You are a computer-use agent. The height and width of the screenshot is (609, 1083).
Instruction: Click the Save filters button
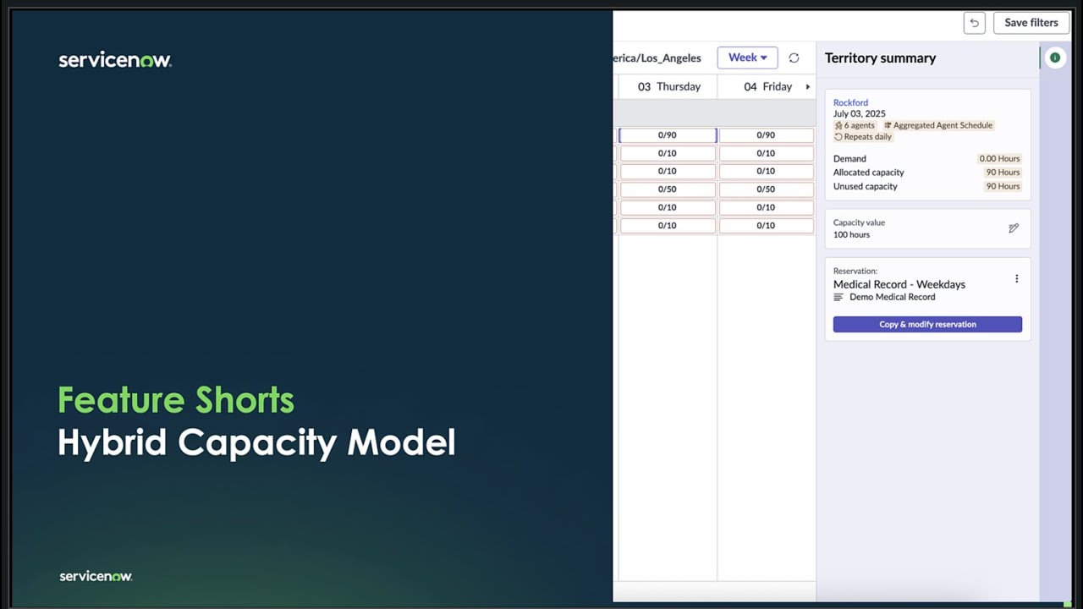1031,23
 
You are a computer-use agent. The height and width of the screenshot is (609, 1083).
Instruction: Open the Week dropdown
747,58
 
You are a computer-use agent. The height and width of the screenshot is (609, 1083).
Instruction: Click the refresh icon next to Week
794,58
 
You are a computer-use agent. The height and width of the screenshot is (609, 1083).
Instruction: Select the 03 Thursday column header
668,86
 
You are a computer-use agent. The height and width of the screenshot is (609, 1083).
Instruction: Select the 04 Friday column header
767,86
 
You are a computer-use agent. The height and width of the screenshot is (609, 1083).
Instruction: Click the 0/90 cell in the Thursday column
668,135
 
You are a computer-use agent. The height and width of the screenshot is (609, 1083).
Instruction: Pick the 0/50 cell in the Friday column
766,189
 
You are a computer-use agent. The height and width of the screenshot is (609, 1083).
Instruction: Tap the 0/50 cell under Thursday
668,189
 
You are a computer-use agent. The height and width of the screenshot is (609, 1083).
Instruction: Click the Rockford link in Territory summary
850,102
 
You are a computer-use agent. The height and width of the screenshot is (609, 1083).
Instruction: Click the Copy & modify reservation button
927,324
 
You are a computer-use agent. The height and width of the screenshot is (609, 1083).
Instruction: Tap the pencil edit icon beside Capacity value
1014,228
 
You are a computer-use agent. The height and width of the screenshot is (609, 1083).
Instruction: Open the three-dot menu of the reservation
1016,279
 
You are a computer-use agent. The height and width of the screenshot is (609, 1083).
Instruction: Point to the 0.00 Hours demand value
999,158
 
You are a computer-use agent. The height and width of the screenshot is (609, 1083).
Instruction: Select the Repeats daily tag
863,137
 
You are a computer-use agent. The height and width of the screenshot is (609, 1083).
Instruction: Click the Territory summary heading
880,58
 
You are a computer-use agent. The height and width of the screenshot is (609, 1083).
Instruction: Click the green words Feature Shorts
176,400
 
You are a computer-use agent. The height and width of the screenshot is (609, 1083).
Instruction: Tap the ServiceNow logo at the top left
115,60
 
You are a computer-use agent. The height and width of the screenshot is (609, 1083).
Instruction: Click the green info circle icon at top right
1054,58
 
